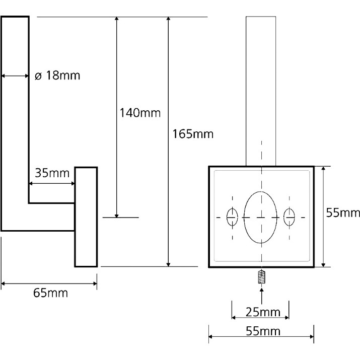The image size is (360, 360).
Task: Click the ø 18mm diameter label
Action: click(x=57, y=76)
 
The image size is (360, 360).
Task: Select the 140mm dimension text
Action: click(x=140, y=113)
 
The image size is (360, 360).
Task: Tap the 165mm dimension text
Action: click(x=193, y=134)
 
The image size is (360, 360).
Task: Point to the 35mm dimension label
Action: click(x=52, y=173)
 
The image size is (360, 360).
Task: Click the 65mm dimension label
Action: click(x=50, y=293)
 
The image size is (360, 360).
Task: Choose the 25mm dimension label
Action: click(x=263, y=312)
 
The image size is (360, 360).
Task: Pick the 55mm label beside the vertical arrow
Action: click(x=343, y=213)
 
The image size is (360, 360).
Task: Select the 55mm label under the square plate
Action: click(x=263, y=331)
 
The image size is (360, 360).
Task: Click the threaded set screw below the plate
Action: click(x=261, y=277)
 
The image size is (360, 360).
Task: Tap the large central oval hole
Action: click(x=260, y=217)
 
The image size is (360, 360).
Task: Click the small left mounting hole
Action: click(x=232, y=217)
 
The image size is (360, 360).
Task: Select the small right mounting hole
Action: click(x=289, y=217)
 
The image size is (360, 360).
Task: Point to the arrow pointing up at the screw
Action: click(x=261, y=297)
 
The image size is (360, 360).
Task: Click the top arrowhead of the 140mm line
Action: click(x=117, y=19)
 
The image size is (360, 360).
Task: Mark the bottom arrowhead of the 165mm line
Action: click(x=168, y=264)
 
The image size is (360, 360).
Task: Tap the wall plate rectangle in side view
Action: click(x=86, y=217)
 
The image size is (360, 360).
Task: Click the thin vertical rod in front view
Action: click(x=261, y=91)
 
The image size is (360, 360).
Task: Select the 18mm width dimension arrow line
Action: click(x=15, y=76)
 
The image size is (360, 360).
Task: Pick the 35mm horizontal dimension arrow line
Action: click(x=52, y=183)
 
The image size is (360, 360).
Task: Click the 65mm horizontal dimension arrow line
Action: click(x=49, y=284)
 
